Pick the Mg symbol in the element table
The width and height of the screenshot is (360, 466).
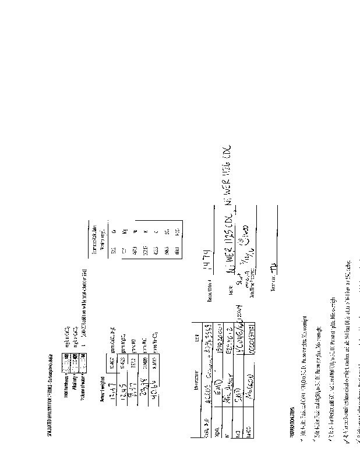[x=126, y=231]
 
